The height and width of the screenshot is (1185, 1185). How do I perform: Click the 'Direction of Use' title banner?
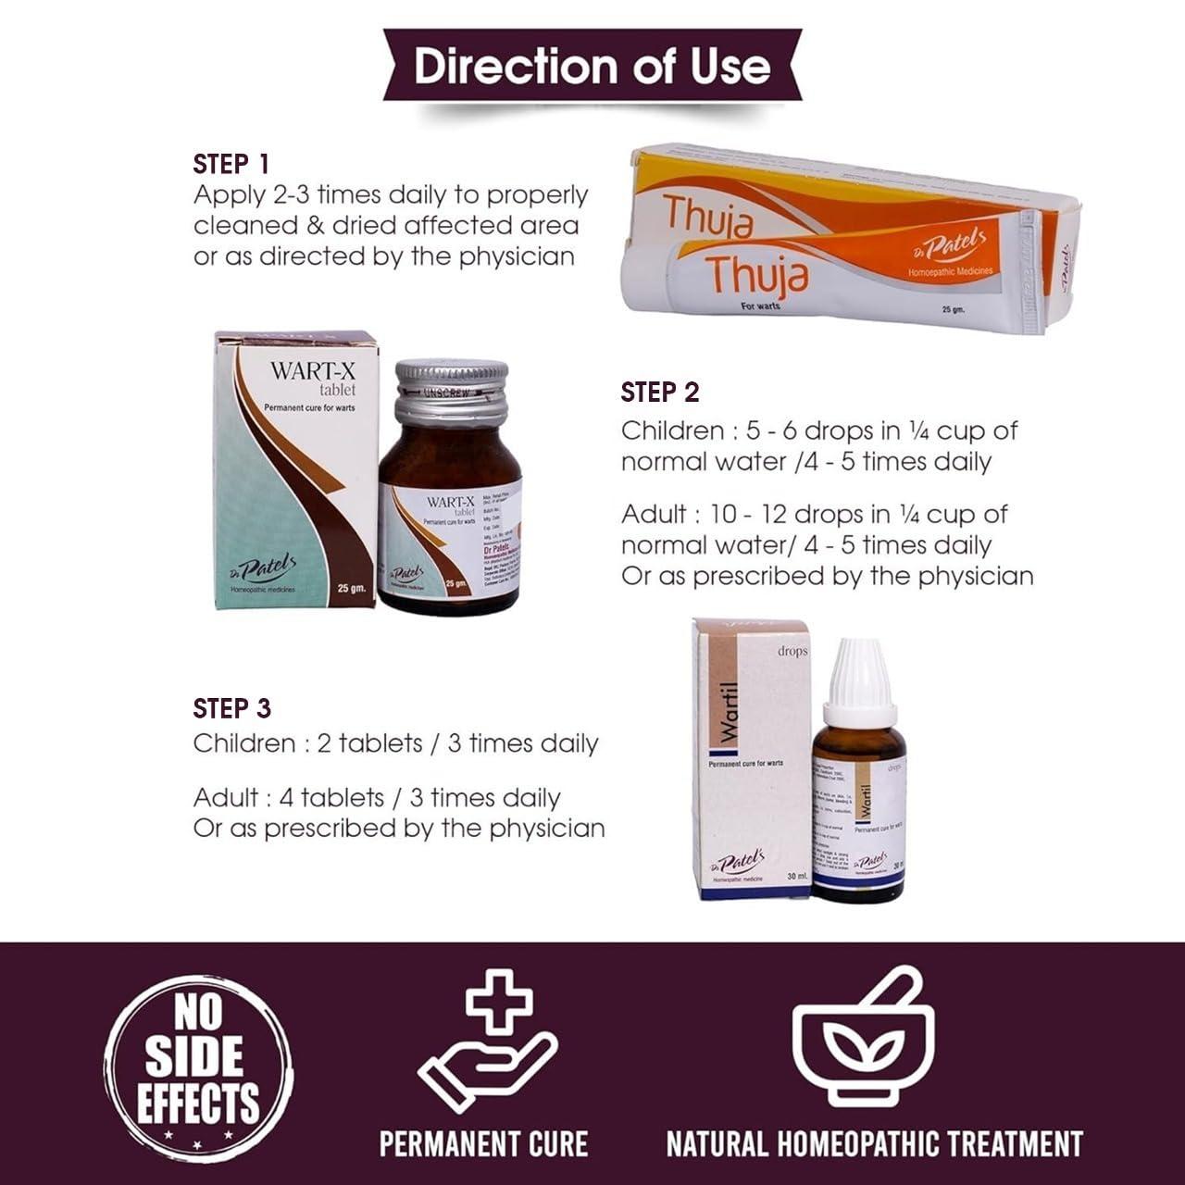[592, 66]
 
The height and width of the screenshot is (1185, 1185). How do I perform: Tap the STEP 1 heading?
[231, 165]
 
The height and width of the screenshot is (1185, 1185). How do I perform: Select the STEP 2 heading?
[660, 393]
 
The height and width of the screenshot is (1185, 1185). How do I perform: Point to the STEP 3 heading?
[232, 708]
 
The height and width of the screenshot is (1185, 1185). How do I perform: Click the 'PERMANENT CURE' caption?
[484, 1143]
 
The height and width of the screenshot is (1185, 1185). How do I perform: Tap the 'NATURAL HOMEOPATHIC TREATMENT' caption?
[875, 1143]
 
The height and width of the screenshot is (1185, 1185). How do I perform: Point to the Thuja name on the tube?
[756, 274]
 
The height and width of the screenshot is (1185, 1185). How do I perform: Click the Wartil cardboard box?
[752, 759]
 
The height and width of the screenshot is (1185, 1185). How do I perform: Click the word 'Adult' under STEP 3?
[225, 798]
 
